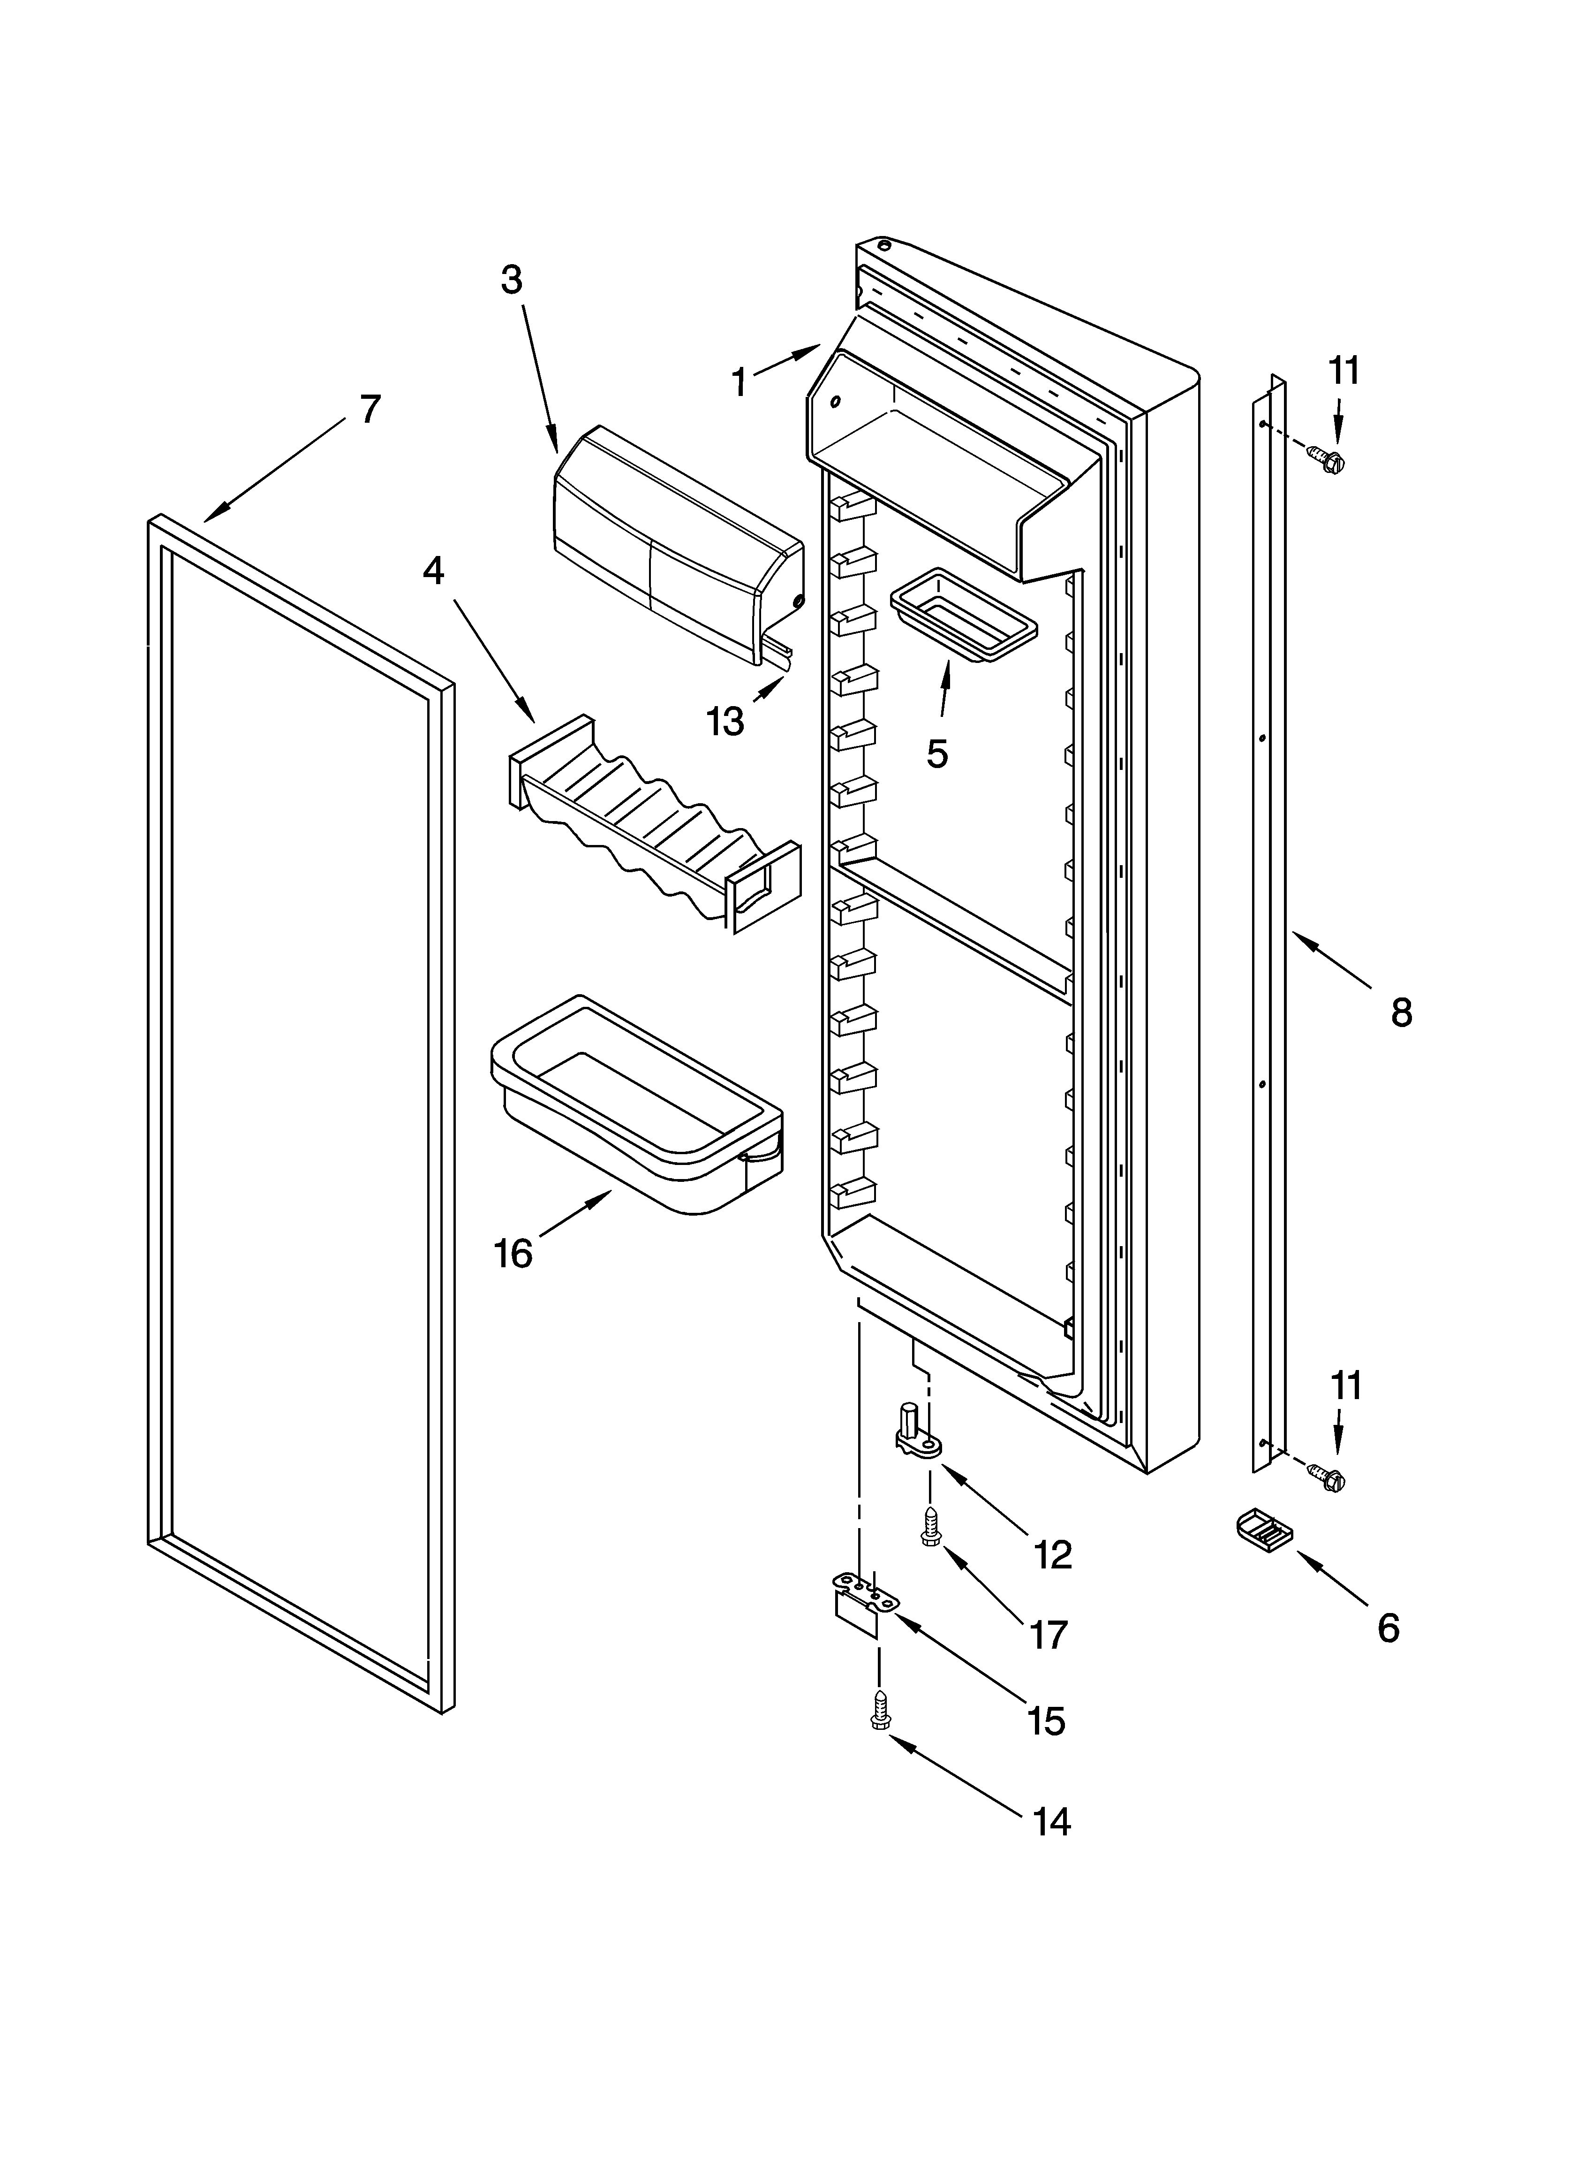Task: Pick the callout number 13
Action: (725, 722)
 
